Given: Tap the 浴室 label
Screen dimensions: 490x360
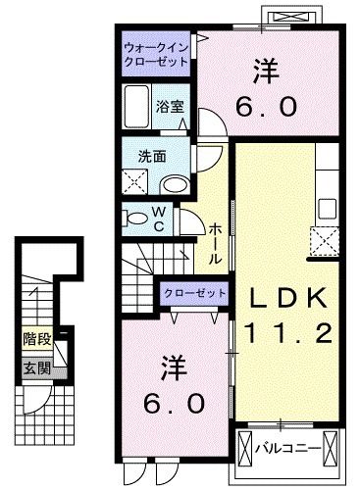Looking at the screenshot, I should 171,109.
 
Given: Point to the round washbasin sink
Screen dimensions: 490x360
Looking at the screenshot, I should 175,184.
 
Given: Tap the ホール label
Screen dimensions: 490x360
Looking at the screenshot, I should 215,242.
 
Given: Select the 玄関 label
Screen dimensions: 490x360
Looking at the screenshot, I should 36,369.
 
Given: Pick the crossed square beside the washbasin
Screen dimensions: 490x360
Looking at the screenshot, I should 134,181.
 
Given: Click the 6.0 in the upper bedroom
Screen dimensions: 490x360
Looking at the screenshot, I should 265,106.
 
